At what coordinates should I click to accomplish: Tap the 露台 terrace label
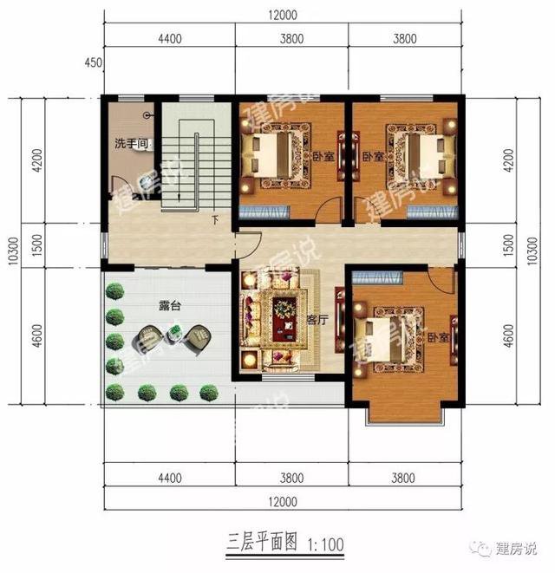pos(170,306)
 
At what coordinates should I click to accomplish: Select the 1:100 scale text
pos(323,544)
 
